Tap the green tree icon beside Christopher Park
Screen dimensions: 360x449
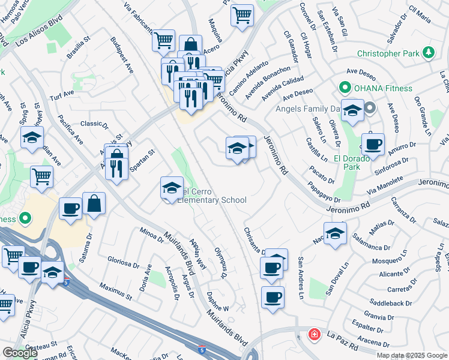[429, 53]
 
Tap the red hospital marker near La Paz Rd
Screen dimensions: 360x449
[314, 334]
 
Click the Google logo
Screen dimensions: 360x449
[20, 353]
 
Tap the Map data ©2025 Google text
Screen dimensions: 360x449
[412, 355]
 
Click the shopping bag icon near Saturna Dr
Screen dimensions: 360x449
[95, 203]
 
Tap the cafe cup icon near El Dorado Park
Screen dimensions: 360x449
[373, 144]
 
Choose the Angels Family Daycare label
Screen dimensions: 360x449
[307, 109]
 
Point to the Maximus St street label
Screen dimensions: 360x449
[116, 292]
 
